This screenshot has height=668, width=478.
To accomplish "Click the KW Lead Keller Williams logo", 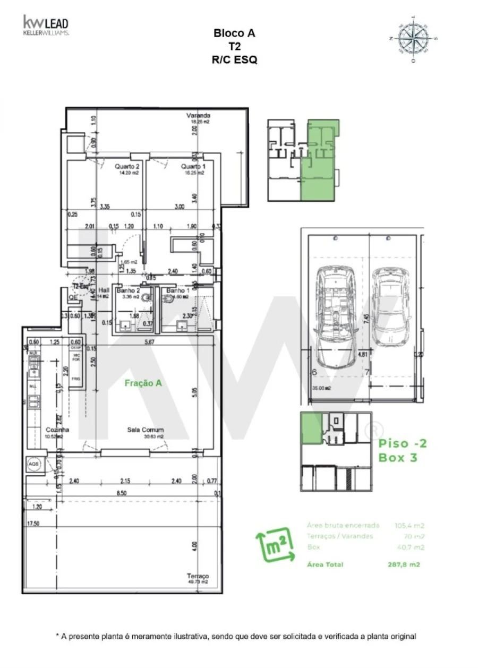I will (x=45, y=25).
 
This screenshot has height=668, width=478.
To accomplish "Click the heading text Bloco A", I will (x=234, y=33).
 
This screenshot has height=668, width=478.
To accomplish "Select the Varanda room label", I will (x=198, y=115).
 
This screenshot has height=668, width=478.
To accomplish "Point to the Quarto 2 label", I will (x=127, y=166).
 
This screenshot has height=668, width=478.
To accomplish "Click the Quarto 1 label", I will (x=192, y=166).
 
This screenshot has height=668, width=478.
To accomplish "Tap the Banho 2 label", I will (x=128, y=290).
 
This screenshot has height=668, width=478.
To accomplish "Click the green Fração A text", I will (x=143, y=382).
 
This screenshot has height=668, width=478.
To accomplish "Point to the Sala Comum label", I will (x=145, y=430).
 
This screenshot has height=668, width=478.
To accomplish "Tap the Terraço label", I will (x=198, y=576).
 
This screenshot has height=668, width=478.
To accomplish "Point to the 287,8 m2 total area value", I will (x=404, y=565).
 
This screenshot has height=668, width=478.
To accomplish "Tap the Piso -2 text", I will (x=402, y=443).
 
